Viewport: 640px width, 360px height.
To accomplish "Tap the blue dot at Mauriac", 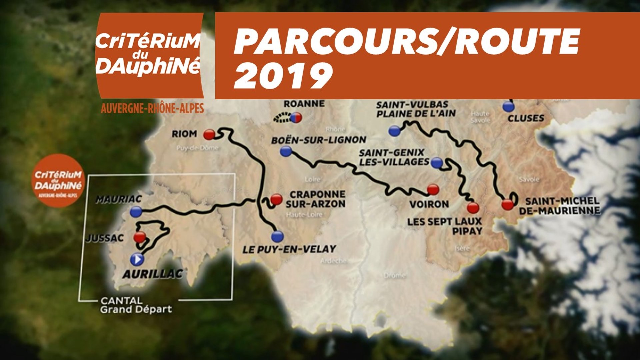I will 136,211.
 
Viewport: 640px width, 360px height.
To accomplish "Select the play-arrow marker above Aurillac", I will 137,259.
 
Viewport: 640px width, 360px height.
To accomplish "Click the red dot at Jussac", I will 140,237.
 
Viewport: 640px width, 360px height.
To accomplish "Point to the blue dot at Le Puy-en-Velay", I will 277,236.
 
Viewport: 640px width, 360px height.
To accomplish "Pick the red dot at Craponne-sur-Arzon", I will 276,199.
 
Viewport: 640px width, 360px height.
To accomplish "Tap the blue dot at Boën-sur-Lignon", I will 286,152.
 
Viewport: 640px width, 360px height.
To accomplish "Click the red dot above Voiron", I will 433,189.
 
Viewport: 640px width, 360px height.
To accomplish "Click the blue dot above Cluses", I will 508,107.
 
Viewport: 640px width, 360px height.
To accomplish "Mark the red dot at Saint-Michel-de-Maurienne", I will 508,204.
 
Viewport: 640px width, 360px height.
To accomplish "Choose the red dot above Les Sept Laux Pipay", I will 473,208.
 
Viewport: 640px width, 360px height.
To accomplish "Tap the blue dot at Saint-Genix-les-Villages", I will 437,163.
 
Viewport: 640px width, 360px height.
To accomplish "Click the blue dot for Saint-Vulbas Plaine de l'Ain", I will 394,131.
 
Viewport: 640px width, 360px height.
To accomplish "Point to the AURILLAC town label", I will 153,274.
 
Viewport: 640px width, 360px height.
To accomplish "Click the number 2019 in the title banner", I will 283,76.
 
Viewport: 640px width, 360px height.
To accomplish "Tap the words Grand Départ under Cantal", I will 136,309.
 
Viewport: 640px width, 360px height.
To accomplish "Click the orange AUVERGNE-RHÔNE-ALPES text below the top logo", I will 152,108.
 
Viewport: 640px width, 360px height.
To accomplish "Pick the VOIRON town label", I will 429,204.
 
